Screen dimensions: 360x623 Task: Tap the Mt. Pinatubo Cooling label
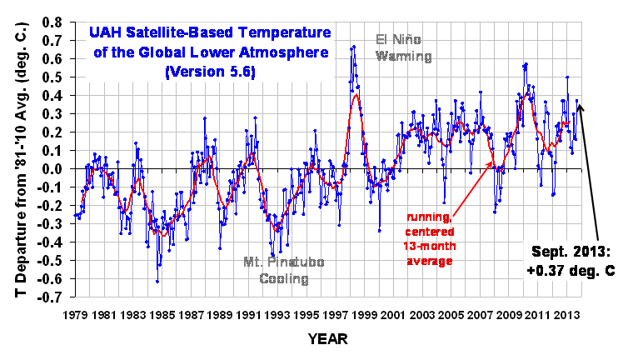click(x=284, y=270)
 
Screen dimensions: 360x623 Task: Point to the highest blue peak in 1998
click(x=354, y=47)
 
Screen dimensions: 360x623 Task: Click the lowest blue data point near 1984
click(x=157, y=282)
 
